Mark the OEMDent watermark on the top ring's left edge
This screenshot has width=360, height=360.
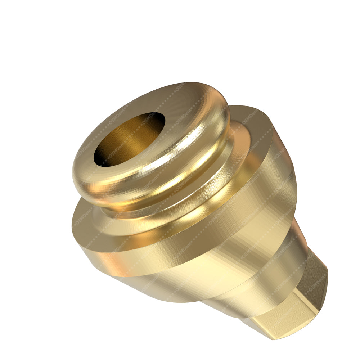(x=81, y=151)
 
